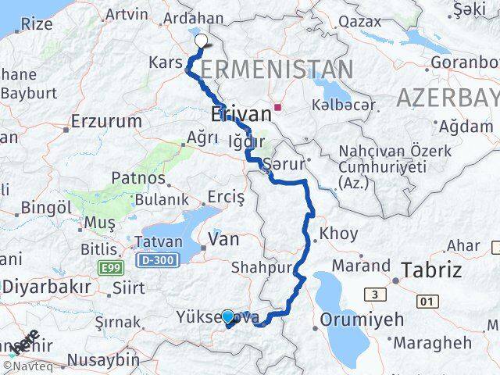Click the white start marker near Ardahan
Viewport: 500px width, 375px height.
pos(201,41)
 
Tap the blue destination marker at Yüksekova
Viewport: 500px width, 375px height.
pos(227,317)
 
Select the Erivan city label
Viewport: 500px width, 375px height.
pos(241,114)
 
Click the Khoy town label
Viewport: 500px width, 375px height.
pos(339,234)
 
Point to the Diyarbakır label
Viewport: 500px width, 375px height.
pos(45,287)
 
